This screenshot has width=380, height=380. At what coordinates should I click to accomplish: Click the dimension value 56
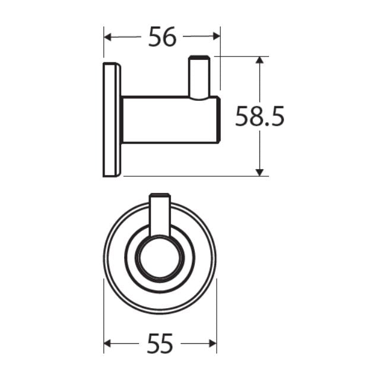click(x=162, y=37)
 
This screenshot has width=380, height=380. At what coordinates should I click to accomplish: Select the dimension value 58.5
click(x=259, y=116)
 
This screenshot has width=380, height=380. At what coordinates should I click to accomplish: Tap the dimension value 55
click(x=160, y=343)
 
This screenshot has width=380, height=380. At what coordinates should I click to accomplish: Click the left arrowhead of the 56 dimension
click(x=108, y=37)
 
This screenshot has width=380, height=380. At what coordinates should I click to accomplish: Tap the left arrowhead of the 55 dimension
click(x=108, y=343)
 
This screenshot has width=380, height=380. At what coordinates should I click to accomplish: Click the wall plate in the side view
click(x=112, y=119)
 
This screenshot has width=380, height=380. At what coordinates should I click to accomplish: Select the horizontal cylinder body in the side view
click(x=169, y=119)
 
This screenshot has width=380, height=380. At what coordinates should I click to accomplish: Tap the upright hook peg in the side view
click(x=198, y=77)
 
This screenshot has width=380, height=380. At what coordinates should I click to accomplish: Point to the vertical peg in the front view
click(x=160, y=217)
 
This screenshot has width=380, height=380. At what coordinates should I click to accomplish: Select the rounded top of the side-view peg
click(x=198, y=58)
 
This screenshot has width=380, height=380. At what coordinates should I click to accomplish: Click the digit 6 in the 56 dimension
click(x=170, y=37)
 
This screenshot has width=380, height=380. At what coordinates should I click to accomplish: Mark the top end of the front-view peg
click(x=160, y=195)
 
